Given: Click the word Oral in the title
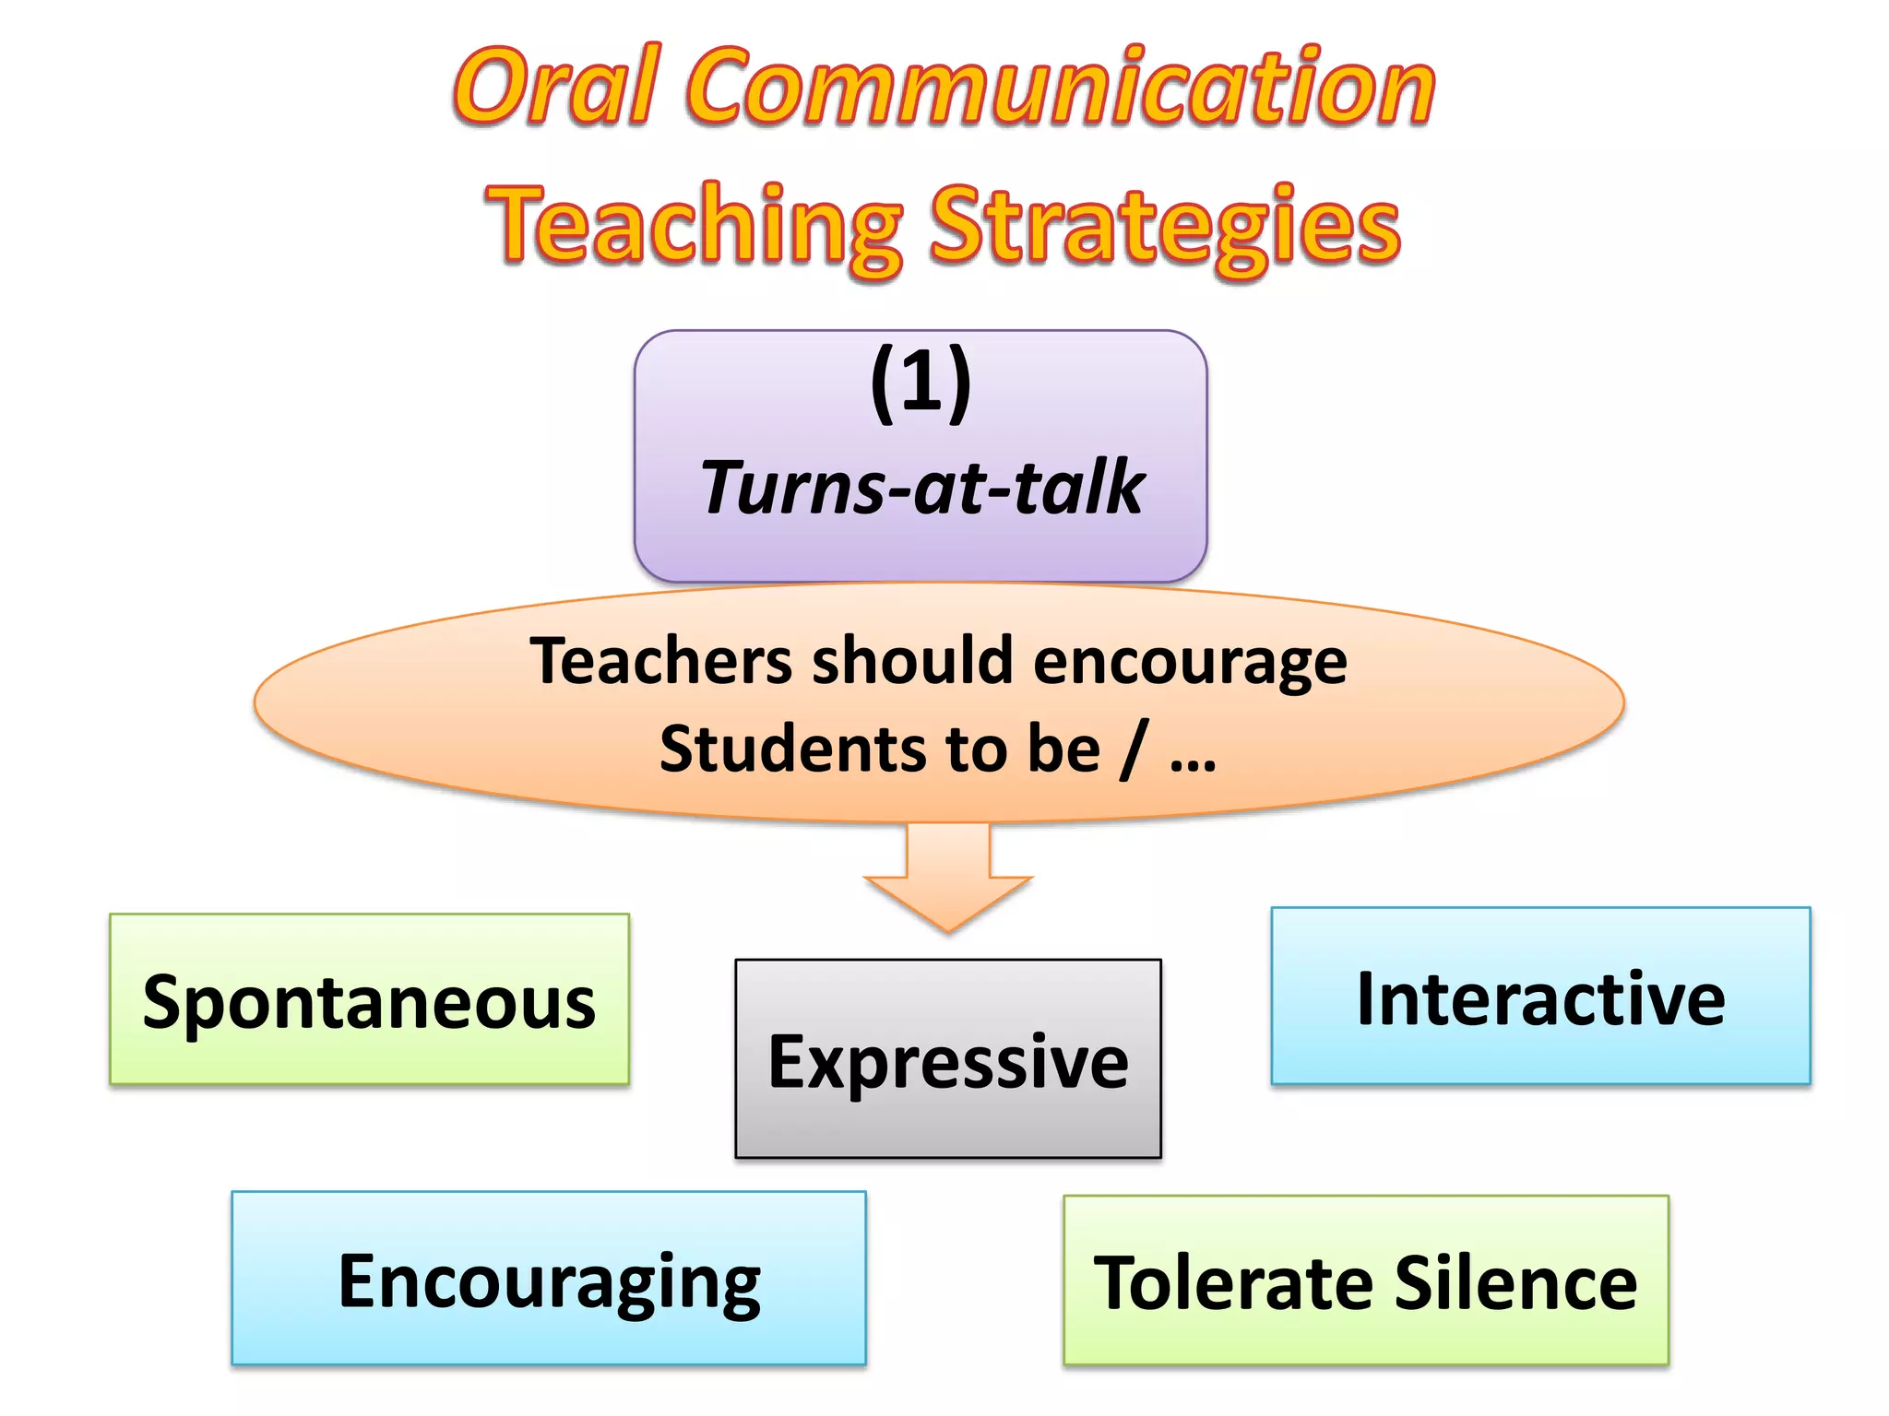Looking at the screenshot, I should [x=557, y=87].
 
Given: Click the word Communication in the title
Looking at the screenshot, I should [x=1061, y=87].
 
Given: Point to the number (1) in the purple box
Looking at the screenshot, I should [x=921, y=382].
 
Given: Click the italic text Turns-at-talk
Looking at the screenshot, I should [x=921, y=487].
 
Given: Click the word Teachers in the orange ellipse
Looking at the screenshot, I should [x=660, y=662].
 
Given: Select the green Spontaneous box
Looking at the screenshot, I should [x=369, y=999].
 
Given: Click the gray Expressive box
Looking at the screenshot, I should [x=948, y=1060].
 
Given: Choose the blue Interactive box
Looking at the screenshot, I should [x=1540, y=997].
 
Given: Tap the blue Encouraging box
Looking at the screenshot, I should [x=549, y=1280].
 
